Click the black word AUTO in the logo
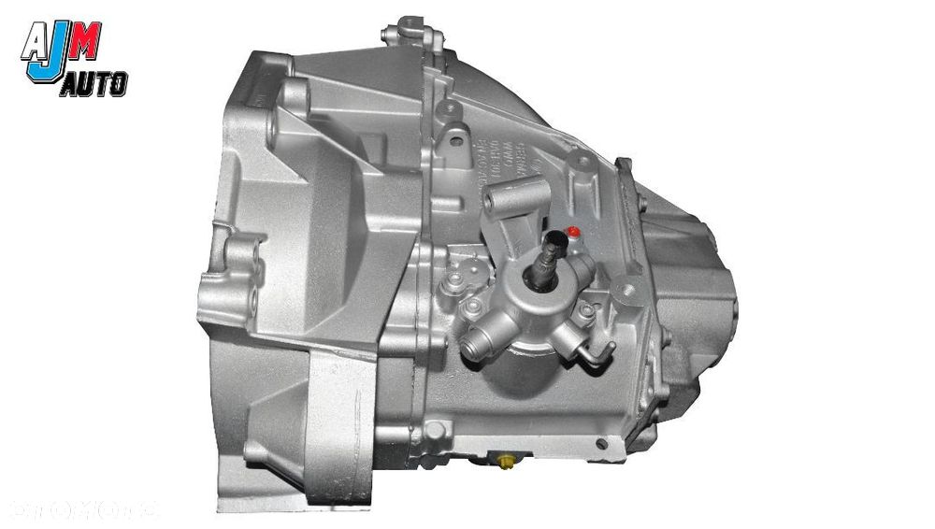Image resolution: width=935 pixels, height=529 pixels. point(93,86)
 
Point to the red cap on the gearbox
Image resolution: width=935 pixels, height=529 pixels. point(574,231)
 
